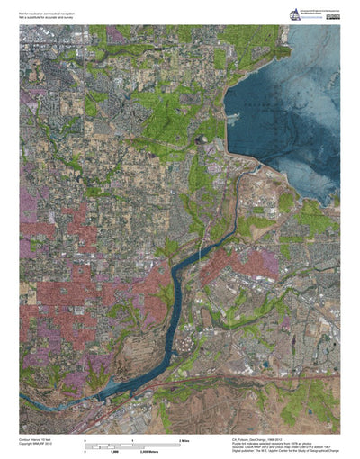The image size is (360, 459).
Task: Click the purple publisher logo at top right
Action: pyautogui.click(x=293, y=13)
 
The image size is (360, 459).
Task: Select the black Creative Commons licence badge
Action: pyautogui.click(x=333, y=17)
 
